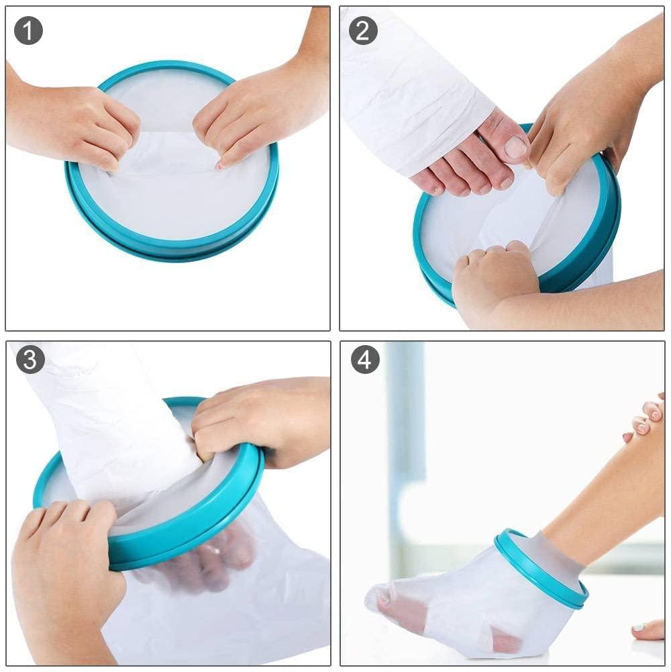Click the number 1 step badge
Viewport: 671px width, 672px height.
click(x=28, y=30)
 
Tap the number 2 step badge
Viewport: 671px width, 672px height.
click(x=363, y=30)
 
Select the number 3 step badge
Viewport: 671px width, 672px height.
click(x=30, y=360)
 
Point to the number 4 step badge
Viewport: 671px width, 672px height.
click(x=365, y=360)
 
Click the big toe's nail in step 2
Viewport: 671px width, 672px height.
click(x=516, y=146)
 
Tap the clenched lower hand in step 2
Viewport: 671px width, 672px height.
click(x=493, y=275)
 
